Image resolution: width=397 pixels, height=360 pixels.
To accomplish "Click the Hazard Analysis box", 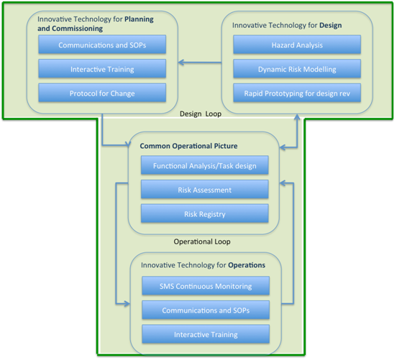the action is [297, 45].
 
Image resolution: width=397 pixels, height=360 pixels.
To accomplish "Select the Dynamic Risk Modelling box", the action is [297, 68].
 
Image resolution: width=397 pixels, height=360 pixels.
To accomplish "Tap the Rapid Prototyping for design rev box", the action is [297, 93].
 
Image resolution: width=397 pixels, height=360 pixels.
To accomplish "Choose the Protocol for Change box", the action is [102, 93].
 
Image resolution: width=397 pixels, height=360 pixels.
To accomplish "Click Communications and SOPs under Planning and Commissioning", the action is [102, 45].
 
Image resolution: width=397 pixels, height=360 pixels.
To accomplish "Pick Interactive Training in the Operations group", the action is [206, 334].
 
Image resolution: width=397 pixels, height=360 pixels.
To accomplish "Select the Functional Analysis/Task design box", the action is [204, 165].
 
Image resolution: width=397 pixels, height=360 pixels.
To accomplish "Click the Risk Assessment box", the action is [204, 190].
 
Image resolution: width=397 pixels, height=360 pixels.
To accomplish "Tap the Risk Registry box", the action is [204, 214].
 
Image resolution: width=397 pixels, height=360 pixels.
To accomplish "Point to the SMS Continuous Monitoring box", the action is [206, 286].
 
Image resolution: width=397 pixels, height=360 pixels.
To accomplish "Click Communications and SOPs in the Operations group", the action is [206, 310].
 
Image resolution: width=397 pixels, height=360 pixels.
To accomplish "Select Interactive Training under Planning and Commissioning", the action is [102, 68].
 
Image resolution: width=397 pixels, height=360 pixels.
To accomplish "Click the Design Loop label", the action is [201, 114].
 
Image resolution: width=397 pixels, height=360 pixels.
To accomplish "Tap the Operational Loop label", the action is [202, 241].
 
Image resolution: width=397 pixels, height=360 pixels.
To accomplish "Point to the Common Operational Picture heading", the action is [188, 146].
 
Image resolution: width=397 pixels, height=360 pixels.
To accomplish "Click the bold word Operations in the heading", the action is [247, 265].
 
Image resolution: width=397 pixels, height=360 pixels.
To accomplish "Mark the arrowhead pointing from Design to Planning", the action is [181, 63].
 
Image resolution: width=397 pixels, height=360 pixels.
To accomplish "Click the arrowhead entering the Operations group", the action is [127, 303].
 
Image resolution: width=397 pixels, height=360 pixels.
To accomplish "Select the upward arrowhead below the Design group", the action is [297, 117].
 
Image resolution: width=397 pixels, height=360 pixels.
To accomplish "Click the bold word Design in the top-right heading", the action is [330, 25].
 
